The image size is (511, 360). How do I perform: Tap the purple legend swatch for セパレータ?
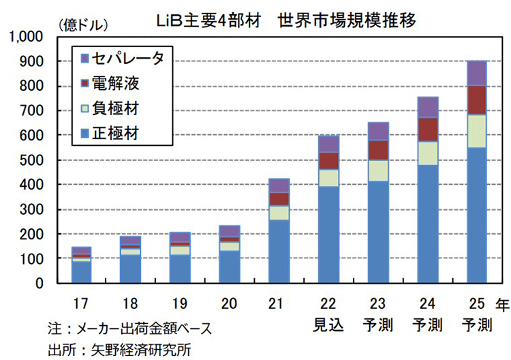[x=85, y=58]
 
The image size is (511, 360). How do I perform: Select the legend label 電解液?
[x=120, y=83]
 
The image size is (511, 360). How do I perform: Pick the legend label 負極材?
[x=120, y=108]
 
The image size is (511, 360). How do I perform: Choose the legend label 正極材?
[x=120, y=132]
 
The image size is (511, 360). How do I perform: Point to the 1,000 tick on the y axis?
[x=27, y=37]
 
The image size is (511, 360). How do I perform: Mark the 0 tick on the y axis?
[x=40, y=283]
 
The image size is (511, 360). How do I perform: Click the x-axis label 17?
[x=81, y=302]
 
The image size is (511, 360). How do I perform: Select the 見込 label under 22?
[x=328, y=323]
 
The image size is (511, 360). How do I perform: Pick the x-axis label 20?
[x=229, y=302]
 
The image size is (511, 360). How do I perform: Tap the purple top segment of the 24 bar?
[x=427, y=108]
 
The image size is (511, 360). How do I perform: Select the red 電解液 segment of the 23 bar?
[x=377, y=150]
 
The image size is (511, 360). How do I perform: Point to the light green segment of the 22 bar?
[x=328, y=178]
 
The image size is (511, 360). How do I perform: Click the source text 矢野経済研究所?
[x=146, y=349]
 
